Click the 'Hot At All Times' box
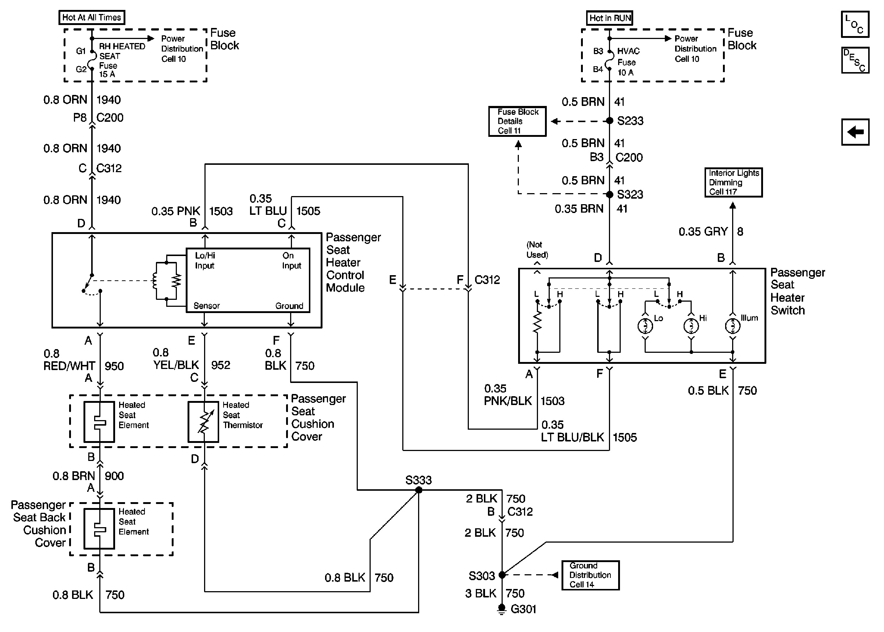[92, 18]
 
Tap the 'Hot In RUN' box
[609, 18]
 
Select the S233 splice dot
[610, 121]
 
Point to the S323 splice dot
[610, 194]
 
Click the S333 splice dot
[419, 490]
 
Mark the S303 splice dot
[502, 575]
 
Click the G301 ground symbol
[502, 609]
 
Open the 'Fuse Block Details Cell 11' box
[517, 121]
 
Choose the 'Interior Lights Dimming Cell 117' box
[734, 182]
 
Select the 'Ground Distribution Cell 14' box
[590, 575]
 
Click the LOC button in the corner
[855, 24]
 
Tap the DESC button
[855, 60]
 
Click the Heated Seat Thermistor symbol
[203, 422]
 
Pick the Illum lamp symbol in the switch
[733, 326]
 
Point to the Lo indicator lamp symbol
[645, 326]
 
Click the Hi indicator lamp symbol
[691, 326]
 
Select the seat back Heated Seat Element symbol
[99, 529]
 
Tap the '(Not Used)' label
[537, 249]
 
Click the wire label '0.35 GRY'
[703, 231]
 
